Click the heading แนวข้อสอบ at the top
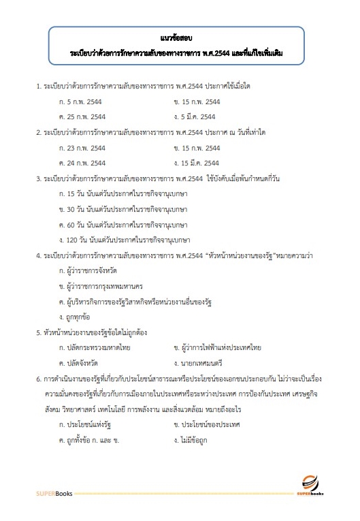179,31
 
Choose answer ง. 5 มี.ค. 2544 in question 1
196,116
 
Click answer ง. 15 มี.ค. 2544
197,163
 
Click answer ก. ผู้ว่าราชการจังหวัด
93,271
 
